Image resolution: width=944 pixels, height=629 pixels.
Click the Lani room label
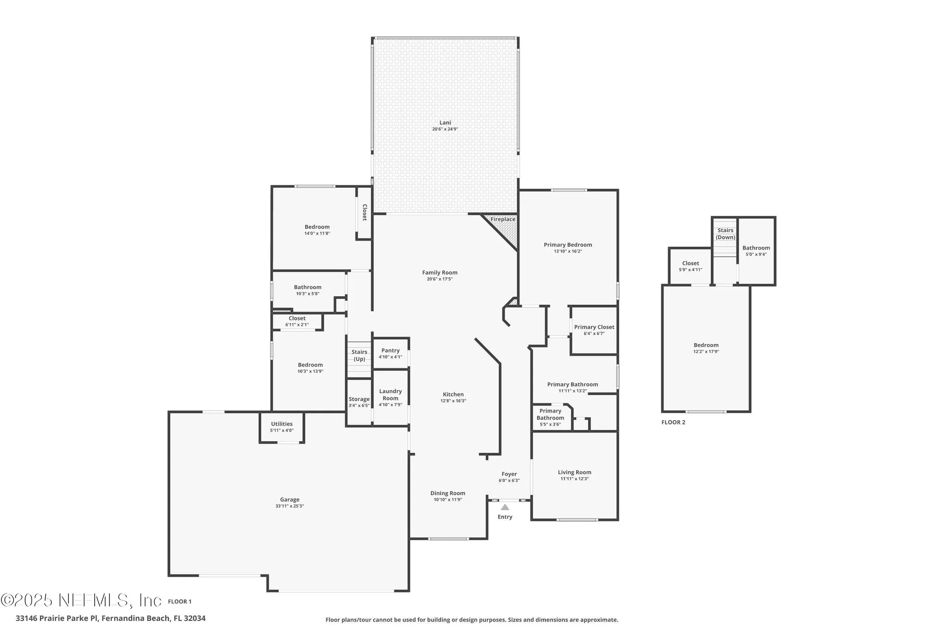[x=445, y=123]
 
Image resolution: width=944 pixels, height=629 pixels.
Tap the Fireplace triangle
[x=506, y=227]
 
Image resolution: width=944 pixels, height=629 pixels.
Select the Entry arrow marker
[x=505, y=507]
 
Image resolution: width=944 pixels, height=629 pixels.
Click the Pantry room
[x=390, y=353]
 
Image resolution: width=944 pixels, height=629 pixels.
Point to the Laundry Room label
[x=390, y=395]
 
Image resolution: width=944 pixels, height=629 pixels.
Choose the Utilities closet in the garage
[x=282, y=427]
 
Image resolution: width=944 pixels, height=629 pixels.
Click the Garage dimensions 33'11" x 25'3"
[x=290, y=506]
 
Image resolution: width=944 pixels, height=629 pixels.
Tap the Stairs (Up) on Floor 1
[x=359, y=355]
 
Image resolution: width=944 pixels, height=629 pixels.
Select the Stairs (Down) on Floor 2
[x=725, y=234]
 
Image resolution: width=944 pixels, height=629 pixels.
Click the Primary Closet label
[x=594, y=327]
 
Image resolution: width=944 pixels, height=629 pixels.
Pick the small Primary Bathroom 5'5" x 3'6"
[x=551, y=417]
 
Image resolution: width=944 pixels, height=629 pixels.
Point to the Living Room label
[x=574, y=472]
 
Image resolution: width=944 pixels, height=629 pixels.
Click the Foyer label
[x=509, y=474]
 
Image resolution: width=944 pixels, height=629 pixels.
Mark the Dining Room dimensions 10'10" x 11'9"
[x=447, y=500]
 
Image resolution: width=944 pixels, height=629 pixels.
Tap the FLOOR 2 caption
[x=673, y=422]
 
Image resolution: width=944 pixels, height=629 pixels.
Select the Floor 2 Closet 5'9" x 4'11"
[x=690, y=266]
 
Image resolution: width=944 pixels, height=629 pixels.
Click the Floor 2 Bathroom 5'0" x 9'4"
[x=756, y=251]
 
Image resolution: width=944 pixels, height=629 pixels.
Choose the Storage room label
[x=359, y=400]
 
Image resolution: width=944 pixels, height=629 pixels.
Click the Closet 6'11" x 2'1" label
[x=297, y=318]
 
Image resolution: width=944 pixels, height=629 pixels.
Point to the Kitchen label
[x=453, y=394]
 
